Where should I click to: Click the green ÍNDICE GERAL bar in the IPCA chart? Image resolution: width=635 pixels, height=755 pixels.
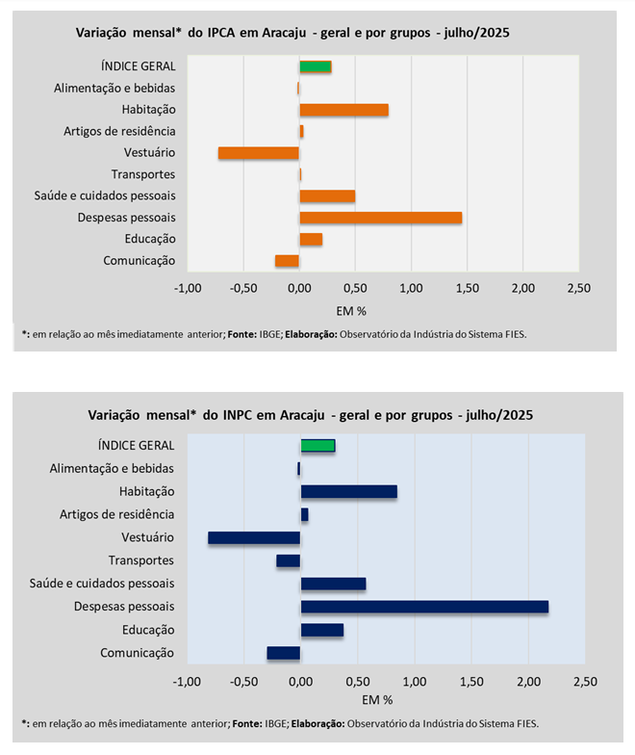click(x=316, y=66)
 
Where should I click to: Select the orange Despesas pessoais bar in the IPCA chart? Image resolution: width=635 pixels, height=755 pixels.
click(x=381, y=218)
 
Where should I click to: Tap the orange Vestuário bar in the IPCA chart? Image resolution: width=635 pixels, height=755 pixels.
click(x=259, y=153)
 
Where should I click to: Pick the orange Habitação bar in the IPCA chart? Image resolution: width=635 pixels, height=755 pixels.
click(x=343, y=110)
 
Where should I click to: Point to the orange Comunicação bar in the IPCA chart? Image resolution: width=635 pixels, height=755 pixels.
click(x=287, y=261)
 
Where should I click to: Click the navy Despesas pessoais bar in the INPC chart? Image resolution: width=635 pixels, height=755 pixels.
click(x=424, y=607)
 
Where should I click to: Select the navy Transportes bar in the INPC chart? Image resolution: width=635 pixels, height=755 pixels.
click(x=289, y=560)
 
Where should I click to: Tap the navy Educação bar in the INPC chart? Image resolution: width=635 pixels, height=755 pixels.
click(x=322, y=630)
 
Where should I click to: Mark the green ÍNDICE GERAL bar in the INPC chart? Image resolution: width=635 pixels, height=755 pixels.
click(x=317, y=445)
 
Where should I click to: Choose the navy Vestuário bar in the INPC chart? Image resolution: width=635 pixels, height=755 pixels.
click(x=254, y=537)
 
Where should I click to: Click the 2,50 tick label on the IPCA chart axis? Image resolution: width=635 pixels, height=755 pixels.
click(x=578, y=288)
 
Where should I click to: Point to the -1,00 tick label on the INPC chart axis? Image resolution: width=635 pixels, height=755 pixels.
click(x=186, y=682)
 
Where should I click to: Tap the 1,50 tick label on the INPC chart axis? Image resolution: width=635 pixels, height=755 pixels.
click(x=470, y=682)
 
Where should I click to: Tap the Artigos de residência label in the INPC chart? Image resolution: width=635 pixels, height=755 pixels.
click(x=117, y=514)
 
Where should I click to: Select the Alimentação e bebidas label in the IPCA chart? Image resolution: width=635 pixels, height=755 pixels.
click(x=114, y=89)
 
